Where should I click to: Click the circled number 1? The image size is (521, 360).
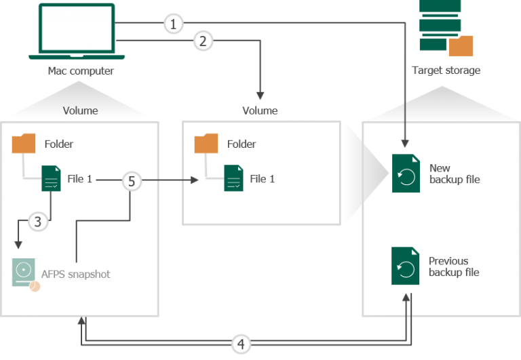(x=173, y=24)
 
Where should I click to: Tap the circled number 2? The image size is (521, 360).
(x=203, y=41)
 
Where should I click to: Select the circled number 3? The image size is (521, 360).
(x=38, y=222)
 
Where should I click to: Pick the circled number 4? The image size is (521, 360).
(x=241, y=344)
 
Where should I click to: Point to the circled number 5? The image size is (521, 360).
(x=132, y=181)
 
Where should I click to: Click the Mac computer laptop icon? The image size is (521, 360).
(x=77, y=32)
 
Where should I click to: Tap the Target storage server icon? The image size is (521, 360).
(x=446, y=28)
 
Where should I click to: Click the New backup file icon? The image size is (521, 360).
(x=406, y=174)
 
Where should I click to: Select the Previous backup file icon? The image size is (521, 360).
(x=405, y=266)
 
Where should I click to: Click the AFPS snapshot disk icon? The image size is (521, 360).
(x=25, y=275)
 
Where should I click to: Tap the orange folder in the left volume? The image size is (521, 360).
(x=24, y=144)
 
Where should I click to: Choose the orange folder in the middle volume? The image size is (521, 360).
(x=206, y=144)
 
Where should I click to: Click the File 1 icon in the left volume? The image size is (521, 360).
(x=51, y=178)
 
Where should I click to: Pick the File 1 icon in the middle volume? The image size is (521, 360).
(x=233, y=178)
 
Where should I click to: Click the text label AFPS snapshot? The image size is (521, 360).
(x=76, y=275)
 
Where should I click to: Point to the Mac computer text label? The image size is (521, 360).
(x=81, y=71)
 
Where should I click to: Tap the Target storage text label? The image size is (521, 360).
(x=446, y=71)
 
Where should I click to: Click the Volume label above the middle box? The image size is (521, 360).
(x=260, y=111)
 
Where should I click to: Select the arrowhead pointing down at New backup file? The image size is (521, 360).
(x=405, y=144)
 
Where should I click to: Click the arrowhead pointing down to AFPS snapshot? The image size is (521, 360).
(x=18, y=245)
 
